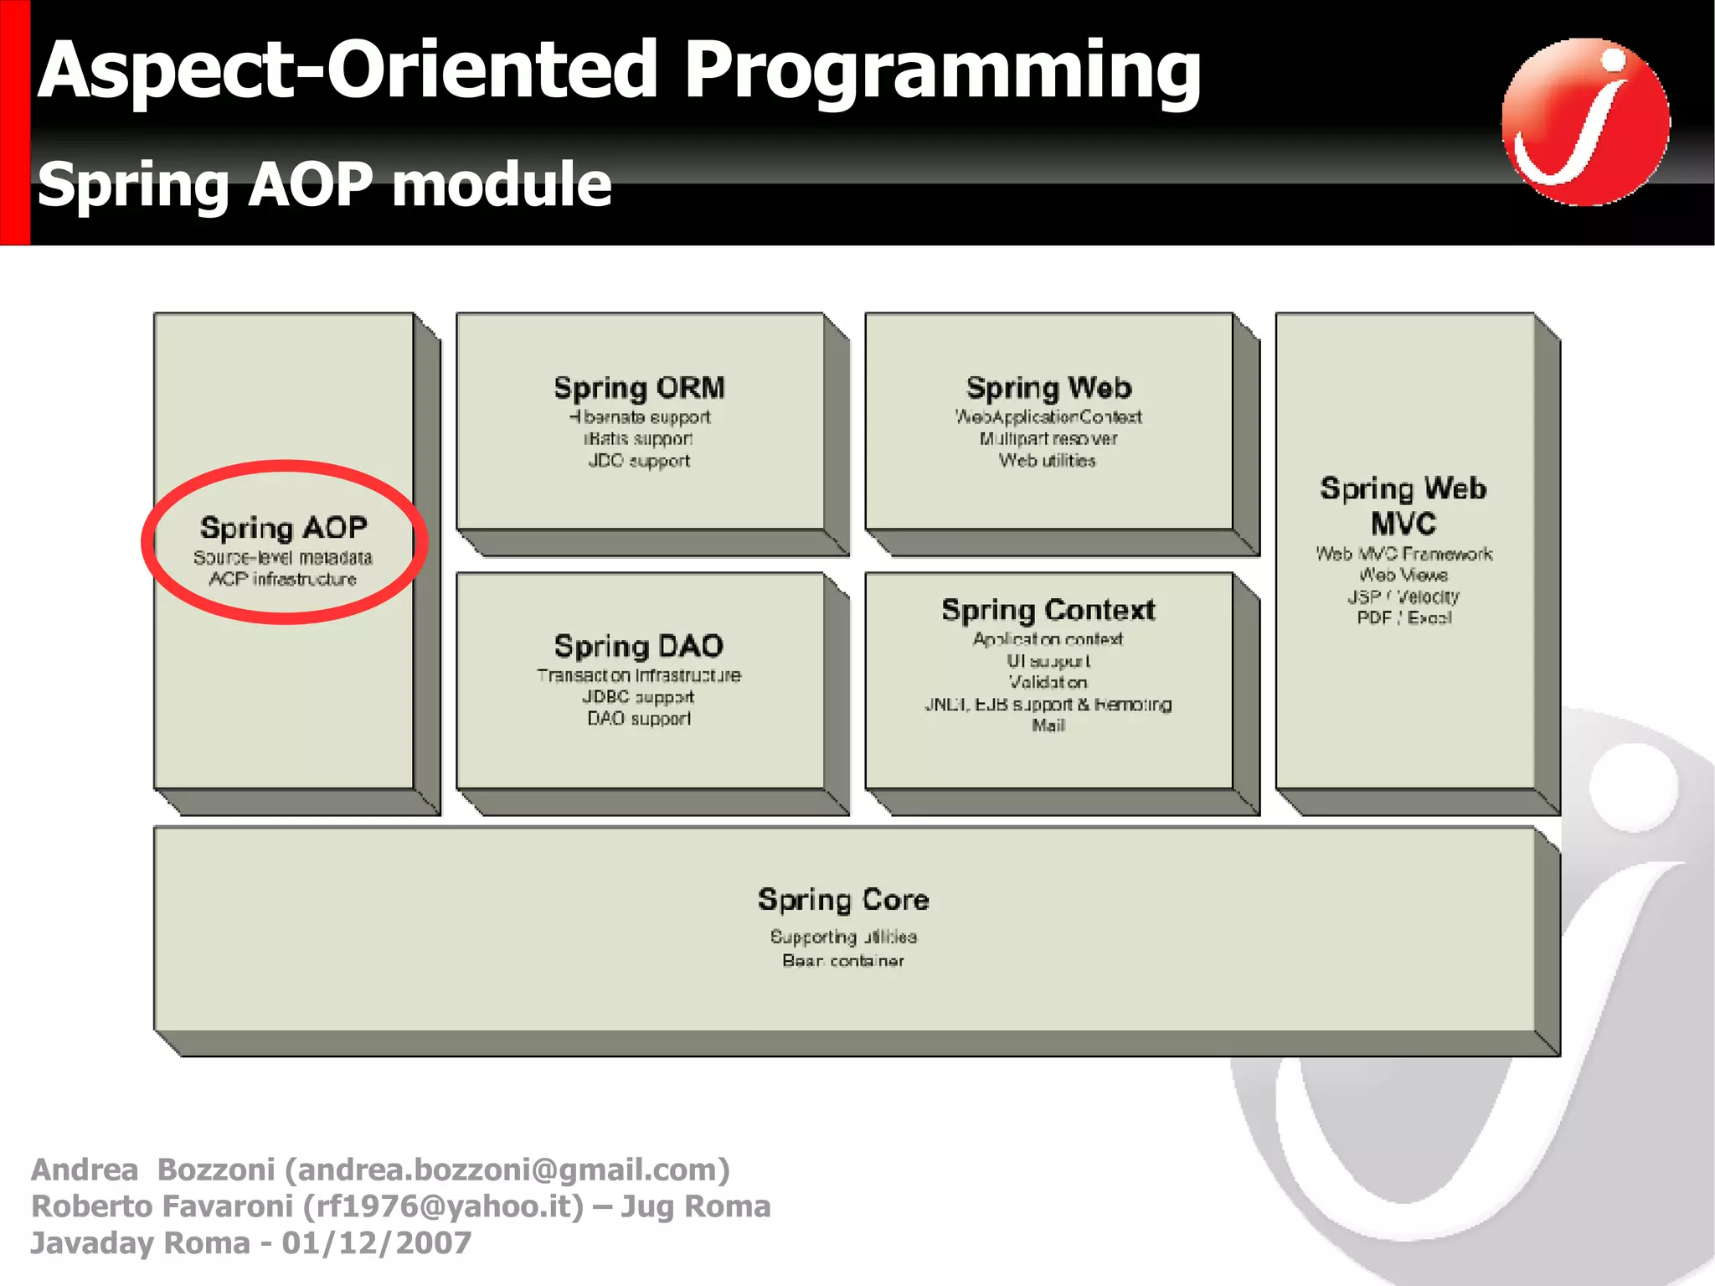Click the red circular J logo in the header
pos(1585,121)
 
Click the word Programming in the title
pos(942,70)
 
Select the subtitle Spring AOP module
pos(325,183)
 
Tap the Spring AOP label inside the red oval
pos(284,528)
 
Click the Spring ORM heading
pos(639,388)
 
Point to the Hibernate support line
pos(639,417)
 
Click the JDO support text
pos(639,461)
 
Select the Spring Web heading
pos(1048,388)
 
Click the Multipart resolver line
pos(1048,439)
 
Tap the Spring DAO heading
pos(639,646)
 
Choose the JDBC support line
pos(639,697)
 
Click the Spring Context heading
pos(1048,610)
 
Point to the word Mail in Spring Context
pos(1048,726)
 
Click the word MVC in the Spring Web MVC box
pos(1403,524)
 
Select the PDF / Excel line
pos(1404,618)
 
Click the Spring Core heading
pos(843,900)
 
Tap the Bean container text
pos(843,961)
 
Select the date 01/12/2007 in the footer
pos(377,1243)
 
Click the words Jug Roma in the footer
pos(695,1206)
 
